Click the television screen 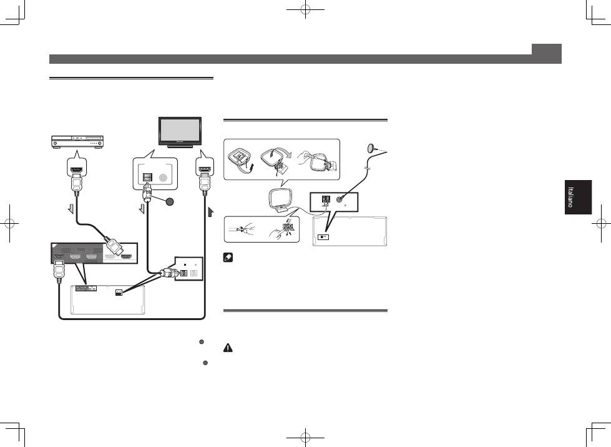178,131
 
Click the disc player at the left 78,142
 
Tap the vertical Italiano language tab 577,198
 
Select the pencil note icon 228,257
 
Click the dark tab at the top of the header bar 547,49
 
